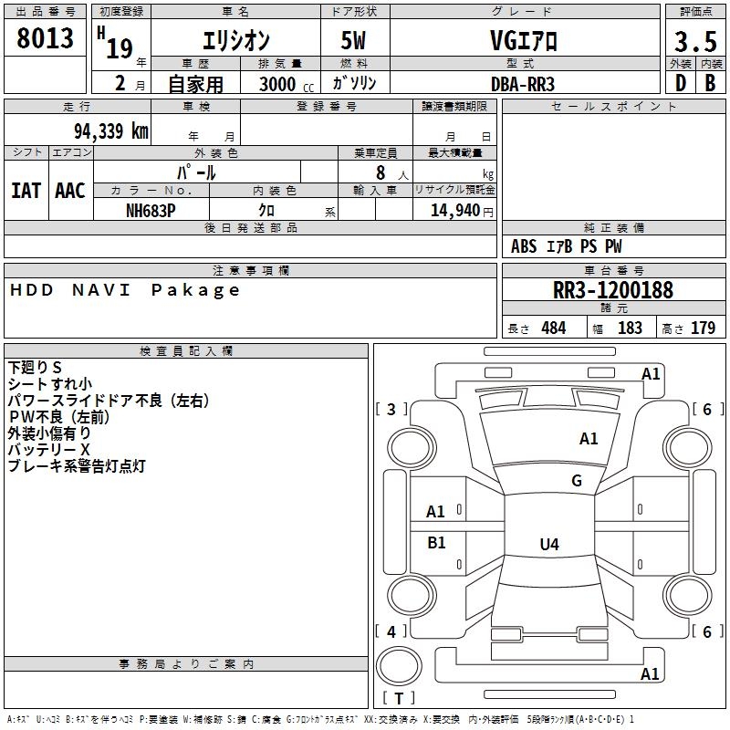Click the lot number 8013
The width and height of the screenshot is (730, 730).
click(x=46, y=39)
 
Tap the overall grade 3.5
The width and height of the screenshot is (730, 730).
click(x=695, y=42)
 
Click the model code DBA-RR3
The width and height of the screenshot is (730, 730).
click(x=523, y=83)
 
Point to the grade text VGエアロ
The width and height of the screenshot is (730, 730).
click(x=523, y=41)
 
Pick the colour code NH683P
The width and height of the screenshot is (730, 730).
click(x=151, y=210)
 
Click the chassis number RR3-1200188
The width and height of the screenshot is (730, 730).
click(x=613, y=290)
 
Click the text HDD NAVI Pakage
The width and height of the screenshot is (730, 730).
click(x=126, y=290)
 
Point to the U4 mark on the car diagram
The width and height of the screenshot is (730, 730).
click(x=548, y=545)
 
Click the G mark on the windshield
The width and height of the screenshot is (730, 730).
click(x=577, y=481)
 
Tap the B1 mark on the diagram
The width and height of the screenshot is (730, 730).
click(x=436, y=543)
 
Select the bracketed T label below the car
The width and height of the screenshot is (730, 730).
click(x=399, y=698)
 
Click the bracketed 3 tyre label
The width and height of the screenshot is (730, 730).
click(x=391, y=410)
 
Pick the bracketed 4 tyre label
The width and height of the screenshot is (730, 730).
click(x=391, y=631)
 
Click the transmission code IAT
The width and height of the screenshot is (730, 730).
click(x=26, y=191)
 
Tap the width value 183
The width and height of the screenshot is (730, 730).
click(x=630, y=328)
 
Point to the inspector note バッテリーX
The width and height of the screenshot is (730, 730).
click(x=49, y=450)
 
